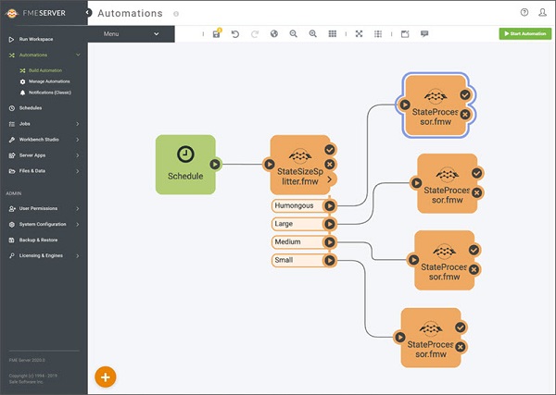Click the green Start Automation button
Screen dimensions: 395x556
[524, 33]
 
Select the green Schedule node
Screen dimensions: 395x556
[185, 165]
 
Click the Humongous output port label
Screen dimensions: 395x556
[296, 205]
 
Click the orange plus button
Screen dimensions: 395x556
[106, 376]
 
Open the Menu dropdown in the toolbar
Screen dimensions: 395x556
[130, 33]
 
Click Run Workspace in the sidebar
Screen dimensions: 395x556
[37, 40]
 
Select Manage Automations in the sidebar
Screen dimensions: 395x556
[48, 81]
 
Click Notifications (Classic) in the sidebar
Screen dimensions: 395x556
[50, 93]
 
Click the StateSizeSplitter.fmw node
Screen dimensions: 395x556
[298, 165]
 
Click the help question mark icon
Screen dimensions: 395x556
[524, 12]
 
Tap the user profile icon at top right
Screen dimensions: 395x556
[542, 12]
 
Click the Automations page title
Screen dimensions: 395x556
[131, 14]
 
